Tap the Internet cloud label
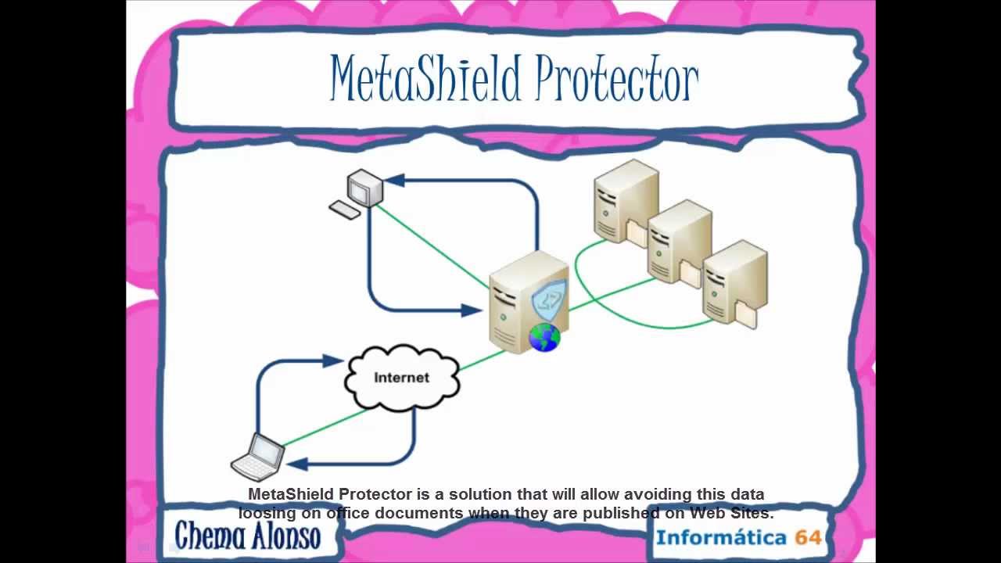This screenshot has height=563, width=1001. point(401,378)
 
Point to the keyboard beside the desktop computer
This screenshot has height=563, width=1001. point(344,210)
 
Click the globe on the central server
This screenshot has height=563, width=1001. point(544,337)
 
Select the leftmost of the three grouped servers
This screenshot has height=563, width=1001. point(625,200)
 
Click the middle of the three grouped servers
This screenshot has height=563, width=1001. point(679,240)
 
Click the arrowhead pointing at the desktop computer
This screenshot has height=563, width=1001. point(393,181)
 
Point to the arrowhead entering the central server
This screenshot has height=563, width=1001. point(471,310)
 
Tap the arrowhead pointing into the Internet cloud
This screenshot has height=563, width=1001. point(334,360)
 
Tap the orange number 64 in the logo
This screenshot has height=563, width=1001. point(808,537)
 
